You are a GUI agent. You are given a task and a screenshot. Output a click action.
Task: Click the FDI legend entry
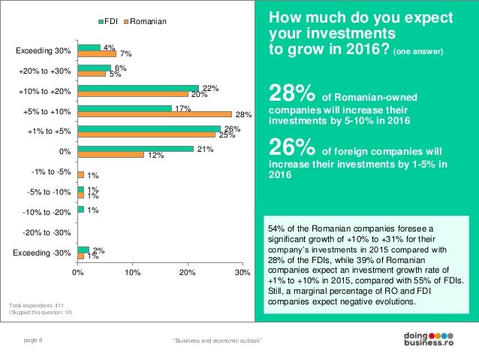(110, 21)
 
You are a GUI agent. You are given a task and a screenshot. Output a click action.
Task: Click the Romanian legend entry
(146, 21)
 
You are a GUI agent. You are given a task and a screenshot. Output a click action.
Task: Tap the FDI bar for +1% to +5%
(149, 128)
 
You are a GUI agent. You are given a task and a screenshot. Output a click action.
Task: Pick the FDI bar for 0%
(135, 148)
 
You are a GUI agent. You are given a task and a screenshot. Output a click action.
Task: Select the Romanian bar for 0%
(110, 155)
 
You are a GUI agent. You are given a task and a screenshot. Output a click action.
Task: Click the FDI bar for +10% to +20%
(138, 87)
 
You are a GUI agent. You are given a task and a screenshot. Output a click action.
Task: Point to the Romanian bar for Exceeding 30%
(97, 54)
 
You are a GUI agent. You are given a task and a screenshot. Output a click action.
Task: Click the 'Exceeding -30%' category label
(43, 253)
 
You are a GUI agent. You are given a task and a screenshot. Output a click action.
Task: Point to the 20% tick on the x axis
(187, 273)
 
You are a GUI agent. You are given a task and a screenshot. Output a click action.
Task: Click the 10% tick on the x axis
(132, 273)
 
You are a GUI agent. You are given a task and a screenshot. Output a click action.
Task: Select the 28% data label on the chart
(242, 115)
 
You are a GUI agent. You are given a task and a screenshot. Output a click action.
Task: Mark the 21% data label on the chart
(204, 149)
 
